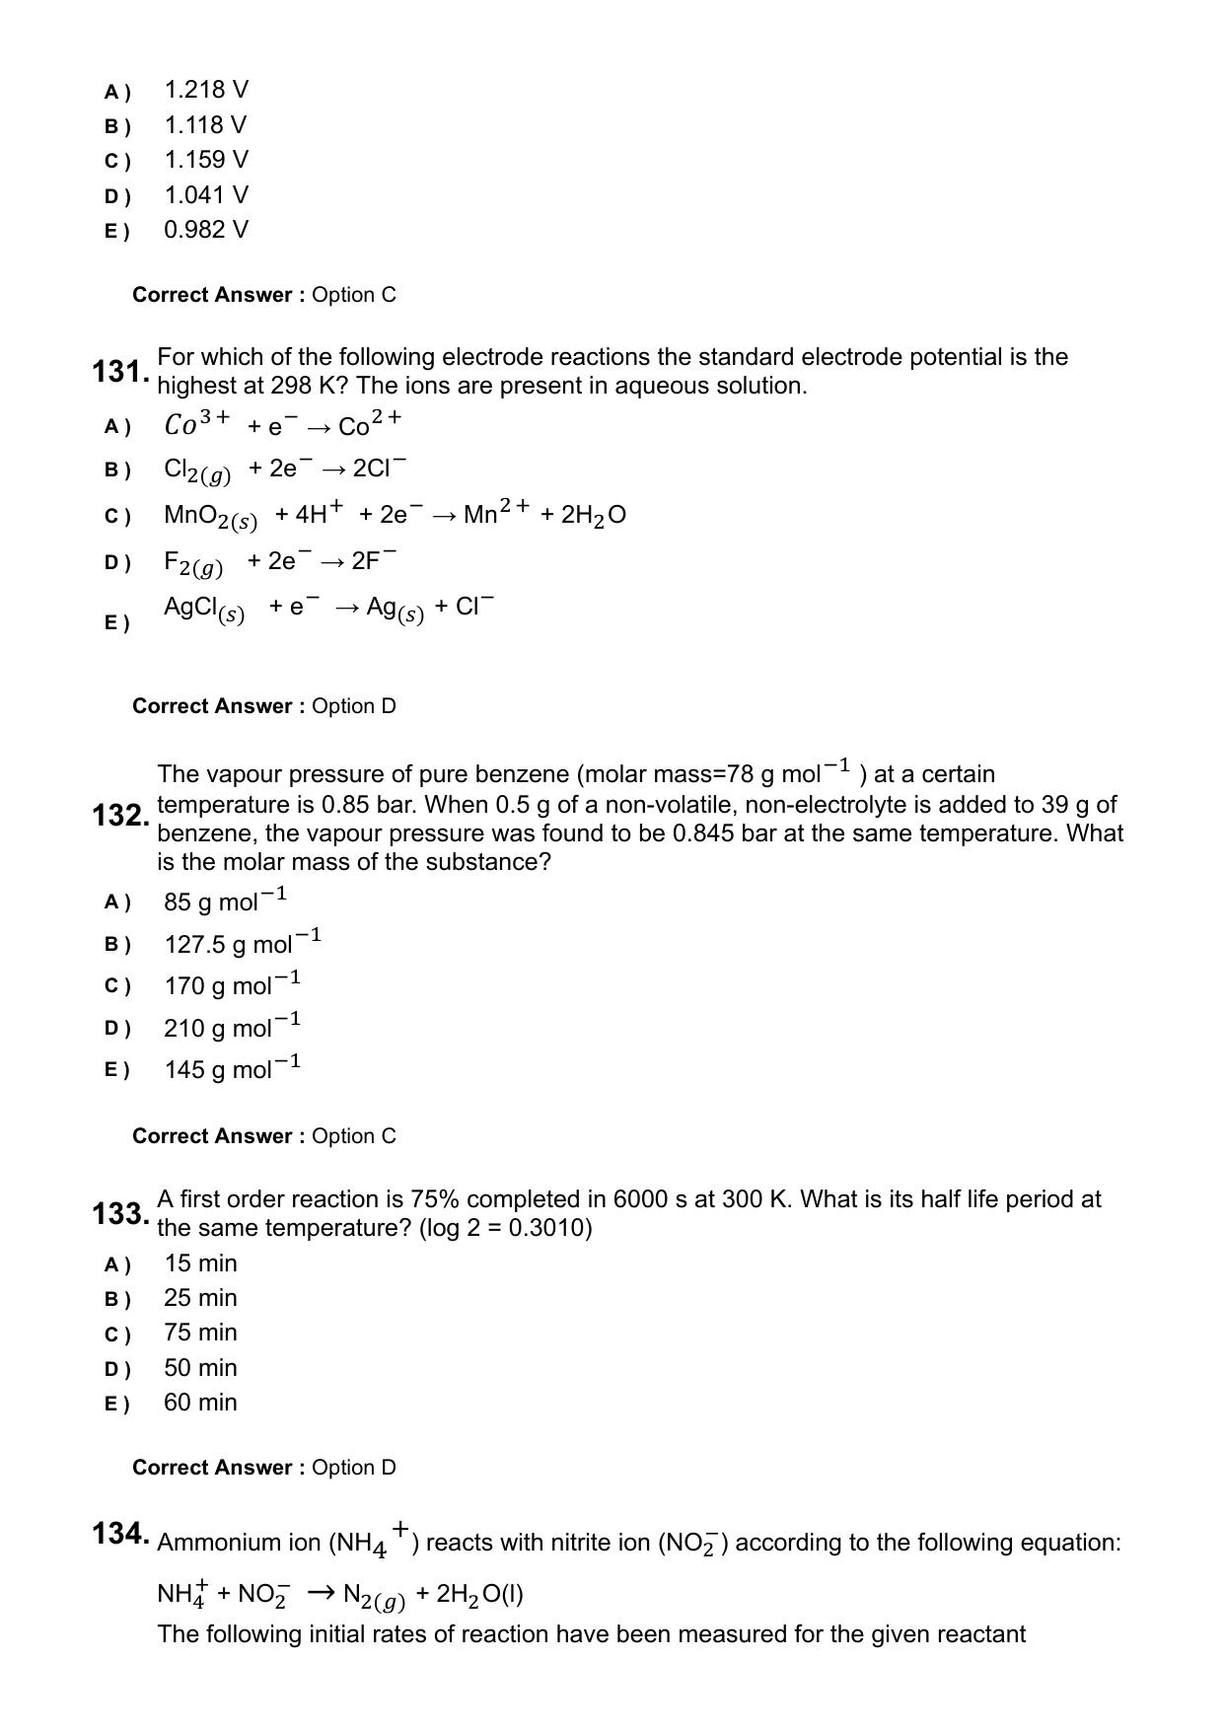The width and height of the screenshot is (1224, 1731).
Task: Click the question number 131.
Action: (120, 372)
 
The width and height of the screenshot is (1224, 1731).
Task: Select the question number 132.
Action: (120, 816)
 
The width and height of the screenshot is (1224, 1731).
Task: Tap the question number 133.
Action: (120, 1213)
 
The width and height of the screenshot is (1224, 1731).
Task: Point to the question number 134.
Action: (120, 1534)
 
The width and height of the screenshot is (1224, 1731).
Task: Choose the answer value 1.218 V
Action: (206, 91)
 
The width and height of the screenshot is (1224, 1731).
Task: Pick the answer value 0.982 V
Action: (206, 230)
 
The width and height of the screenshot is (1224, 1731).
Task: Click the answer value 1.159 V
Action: (206, 160)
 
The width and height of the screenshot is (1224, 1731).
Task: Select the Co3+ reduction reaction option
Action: (282, 425)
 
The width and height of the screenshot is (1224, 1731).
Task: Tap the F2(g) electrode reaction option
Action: (280, 562)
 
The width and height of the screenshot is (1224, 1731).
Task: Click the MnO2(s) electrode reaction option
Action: (395, 515)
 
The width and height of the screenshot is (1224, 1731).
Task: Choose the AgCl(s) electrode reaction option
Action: (328, 608)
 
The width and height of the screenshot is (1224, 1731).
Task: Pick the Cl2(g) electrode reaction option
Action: (284, 469)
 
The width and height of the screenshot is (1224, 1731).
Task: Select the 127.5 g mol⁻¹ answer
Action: (243, 943)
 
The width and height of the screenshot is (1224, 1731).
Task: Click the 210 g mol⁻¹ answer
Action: (232, 1027)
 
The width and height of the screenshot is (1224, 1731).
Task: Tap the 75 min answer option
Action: (200, 1333)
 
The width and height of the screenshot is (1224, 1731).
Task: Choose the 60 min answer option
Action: (200, 1403)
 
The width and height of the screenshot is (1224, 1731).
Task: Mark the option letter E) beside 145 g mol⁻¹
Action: (116, 1070)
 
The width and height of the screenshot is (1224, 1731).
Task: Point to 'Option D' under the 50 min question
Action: (354, 1468)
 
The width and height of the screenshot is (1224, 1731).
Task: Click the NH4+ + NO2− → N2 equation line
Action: (340, 1594)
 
